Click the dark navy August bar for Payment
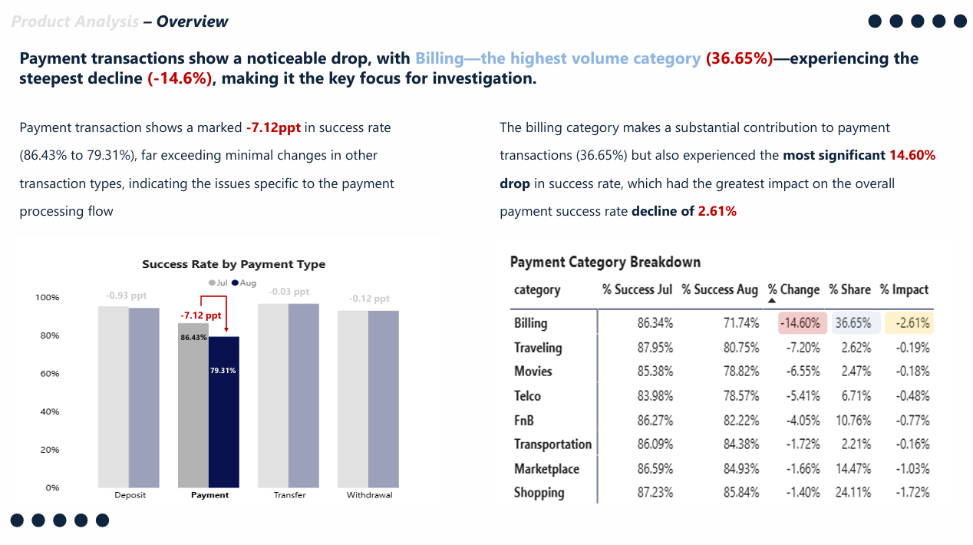[224, 430]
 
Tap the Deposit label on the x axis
[130, 495]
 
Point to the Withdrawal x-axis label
[369, 495]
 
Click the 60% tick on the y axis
[48, 374]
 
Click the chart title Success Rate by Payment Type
[233, 264]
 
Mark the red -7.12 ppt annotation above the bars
[200, 315]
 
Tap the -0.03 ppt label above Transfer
[289, 292]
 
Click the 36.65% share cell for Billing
[853, 323]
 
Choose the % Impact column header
[904, 289]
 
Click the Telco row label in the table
[527, 396]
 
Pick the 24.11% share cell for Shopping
[853, 493]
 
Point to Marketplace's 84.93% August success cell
[741, 468]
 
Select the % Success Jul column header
[637, 289]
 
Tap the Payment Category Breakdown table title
[605, 263]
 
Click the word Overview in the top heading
[192, 21]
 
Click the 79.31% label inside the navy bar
[223, 371]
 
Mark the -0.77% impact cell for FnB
[912, 421]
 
